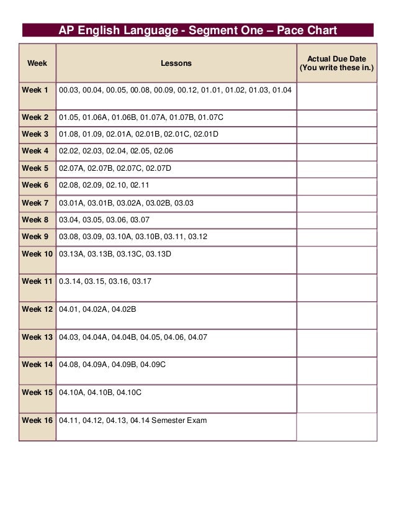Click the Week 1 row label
(35, 91)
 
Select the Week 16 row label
(37, 420)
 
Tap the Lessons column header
(176, 63)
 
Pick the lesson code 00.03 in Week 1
(69, 91)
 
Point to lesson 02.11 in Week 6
(140, 185)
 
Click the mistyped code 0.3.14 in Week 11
(70, 281)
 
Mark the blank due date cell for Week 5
(336, 168)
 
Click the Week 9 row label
(35, 237)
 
